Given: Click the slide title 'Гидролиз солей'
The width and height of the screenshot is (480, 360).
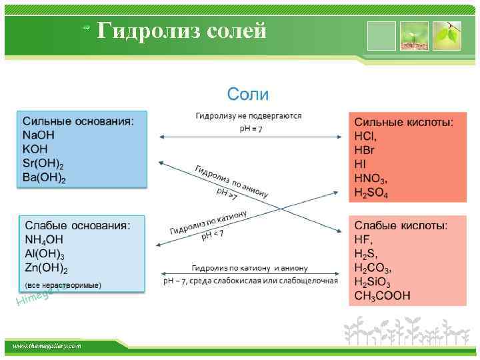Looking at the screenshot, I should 181,31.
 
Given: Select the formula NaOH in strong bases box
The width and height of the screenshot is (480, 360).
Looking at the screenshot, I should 39,135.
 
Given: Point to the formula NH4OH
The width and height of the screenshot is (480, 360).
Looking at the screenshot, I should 44,241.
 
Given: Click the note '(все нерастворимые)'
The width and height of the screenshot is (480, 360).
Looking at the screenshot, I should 63,285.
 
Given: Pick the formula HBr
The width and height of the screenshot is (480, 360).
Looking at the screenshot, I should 366,150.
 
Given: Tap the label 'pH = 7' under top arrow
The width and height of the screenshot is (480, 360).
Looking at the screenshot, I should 251,128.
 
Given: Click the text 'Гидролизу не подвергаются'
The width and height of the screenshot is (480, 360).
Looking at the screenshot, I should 248,116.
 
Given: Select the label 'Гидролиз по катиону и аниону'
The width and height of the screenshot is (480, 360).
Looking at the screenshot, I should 249,267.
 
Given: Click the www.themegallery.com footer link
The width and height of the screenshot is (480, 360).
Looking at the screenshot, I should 46,346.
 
